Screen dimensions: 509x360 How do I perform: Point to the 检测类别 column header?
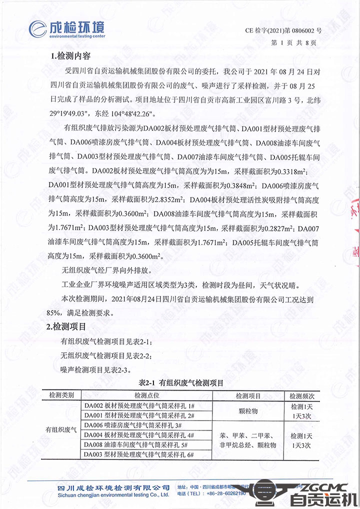tap(62, 395)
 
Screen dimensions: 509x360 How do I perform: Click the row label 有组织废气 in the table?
tap(62, 429)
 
